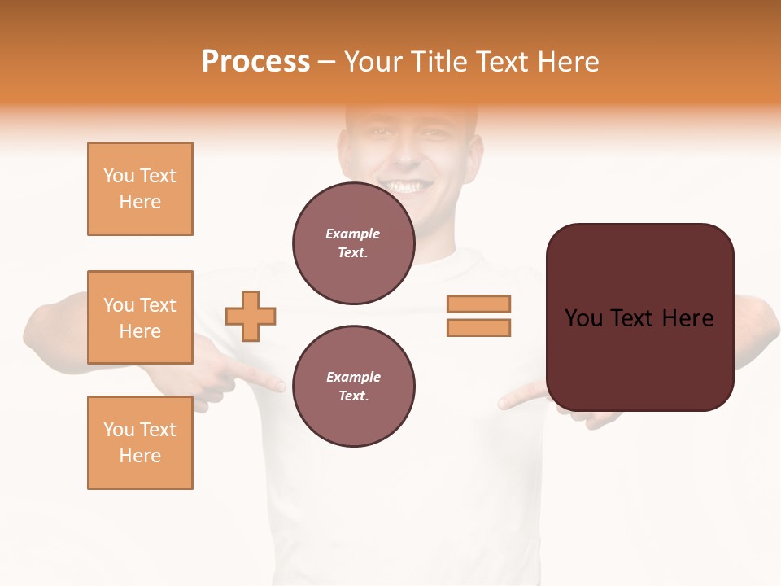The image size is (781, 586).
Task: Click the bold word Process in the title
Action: tap(255, 62)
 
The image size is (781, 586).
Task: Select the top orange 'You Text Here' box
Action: tap(140, 189)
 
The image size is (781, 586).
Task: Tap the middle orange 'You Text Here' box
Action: tap(140, 317)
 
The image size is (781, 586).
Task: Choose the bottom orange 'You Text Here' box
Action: tap(140, 443)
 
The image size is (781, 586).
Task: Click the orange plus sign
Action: tap(251, 316)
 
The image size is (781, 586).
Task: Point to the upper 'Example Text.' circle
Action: tap(353, 243)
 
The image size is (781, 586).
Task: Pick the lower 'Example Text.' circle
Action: tap(353, 387)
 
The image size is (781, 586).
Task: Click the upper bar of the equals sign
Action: tap(478, 304)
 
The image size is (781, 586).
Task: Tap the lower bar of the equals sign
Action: tap(478, 327)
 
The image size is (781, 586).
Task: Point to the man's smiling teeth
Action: tap(405, 186)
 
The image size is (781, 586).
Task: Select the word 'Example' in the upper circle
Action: tap(353, 234)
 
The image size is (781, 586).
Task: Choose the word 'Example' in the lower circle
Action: tap(353, 377)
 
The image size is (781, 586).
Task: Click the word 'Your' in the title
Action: tap(373, 62)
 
